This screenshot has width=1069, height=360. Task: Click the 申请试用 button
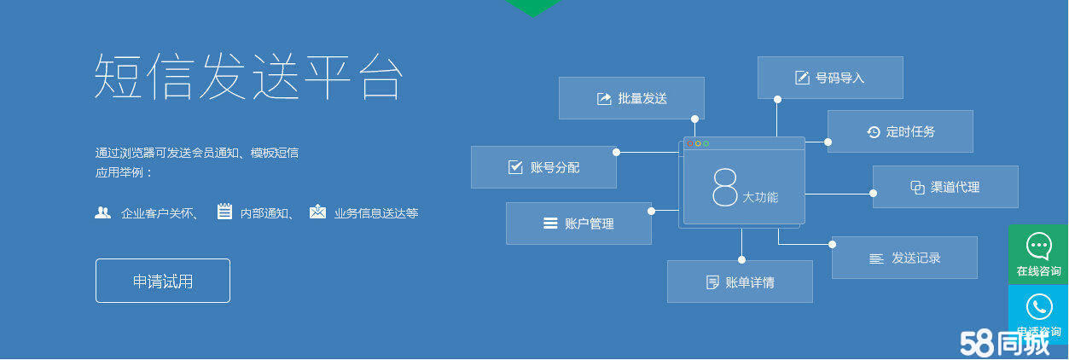(x=163, y=281)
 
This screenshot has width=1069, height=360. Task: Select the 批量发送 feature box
(x=631, y=98)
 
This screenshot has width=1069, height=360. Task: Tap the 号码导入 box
(x=830, y=78)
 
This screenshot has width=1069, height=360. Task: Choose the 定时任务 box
(x=900, y=131)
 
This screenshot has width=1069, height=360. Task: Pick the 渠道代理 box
(x=945, y=187)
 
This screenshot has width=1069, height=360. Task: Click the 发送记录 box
(x=904, y=258)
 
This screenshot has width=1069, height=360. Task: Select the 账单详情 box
(x=740, y=282)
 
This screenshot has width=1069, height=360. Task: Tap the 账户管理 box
(x=579, y=224)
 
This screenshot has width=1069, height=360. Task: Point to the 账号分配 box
(x=543, y=167)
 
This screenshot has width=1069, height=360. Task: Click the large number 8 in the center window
(x=724, y=187)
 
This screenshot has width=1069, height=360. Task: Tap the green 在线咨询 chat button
(x=1038, y=254)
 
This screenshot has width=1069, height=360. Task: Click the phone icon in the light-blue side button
(x=1039, y=306)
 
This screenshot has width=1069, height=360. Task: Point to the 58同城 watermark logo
(x=1005, y=342)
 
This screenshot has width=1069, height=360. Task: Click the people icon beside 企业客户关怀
(x=102, y=212)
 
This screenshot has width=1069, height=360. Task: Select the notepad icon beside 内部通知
(x=224, y=211)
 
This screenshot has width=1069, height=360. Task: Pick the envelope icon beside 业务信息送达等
(x=317, y=211)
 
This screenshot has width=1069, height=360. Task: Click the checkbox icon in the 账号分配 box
(x=515, y=166)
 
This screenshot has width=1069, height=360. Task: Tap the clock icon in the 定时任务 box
(x=874, y=131)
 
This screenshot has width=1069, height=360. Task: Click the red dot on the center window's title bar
(x=690, y=143)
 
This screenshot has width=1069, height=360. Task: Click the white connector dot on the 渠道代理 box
(x=873, y=194)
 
